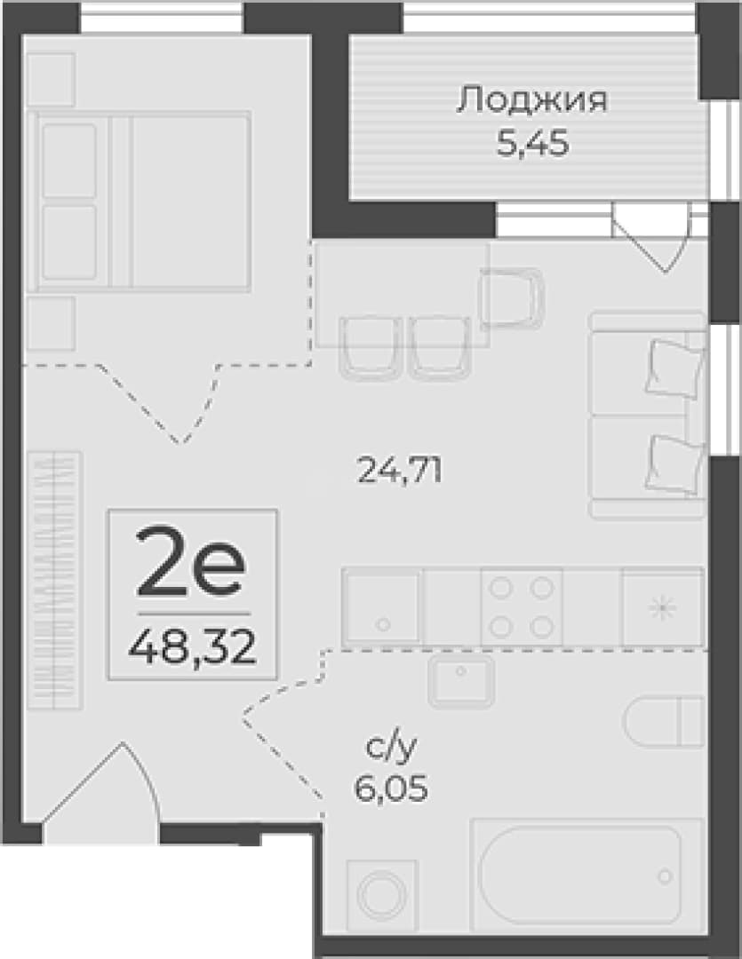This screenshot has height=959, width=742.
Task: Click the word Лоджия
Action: [531, 100]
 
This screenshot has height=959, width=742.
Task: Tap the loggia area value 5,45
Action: [532, 144]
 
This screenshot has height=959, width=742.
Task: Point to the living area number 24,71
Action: [400, 471]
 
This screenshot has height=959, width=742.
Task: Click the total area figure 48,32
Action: [192, 647]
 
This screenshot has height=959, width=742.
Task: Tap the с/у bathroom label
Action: [391, 748]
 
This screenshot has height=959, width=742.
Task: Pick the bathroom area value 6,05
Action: [391, 787]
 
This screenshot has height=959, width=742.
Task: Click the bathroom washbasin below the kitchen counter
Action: [461, 681]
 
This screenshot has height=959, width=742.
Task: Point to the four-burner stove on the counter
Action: [522, 606]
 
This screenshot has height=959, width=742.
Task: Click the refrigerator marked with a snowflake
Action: [663, 606]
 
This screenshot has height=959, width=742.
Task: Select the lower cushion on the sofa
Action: [674, 463]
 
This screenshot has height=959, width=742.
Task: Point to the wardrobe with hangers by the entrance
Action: [54, 581]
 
